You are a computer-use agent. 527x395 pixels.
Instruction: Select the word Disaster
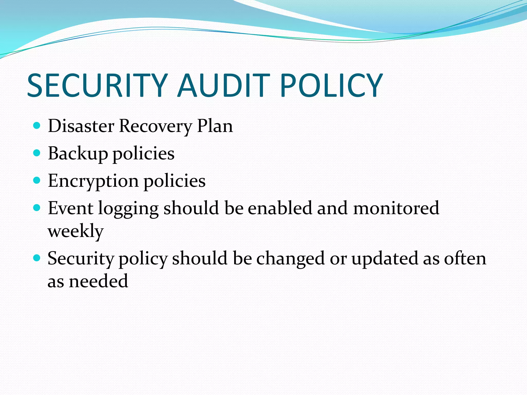click(x=81, y=126)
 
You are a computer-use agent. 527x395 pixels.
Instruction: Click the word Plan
click(x=215, y=126)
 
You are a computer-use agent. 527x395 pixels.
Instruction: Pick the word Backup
click(x=78, y=154)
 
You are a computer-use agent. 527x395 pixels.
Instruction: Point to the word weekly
click(x=76, y=231)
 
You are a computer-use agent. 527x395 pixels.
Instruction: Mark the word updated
click(x=385, y=259)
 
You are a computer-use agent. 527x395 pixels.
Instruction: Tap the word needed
click(x=99, y=281)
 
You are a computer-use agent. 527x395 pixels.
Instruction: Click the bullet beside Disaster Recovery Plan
click(x=37, y=125)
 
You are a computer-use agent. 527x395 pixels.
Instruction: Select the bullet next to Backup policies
click(x=37, y=153)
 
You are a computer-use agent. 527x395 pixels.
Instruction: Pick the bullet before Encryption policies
click(x=37, y=180)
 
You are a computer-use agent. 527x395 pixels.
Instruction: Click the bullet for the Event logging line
click(x=37, y=207)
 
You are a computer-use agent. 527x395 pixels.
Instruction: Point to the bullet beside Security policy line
click(x=37, y=257)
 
